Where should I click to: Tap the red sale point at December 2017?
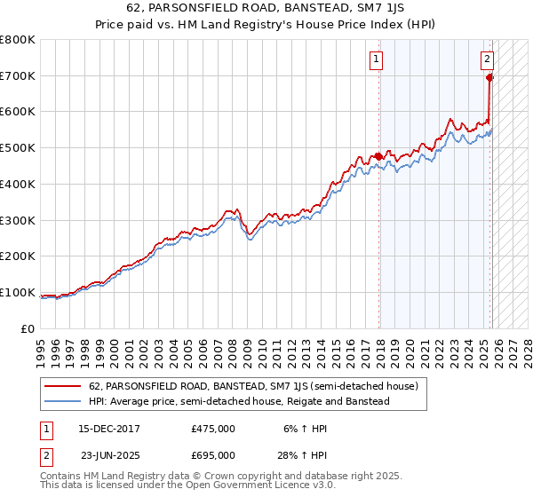(379, 156)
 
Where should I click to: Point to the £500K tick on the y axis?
(20, 148)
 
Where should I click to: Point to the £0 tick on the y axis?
(28, 328)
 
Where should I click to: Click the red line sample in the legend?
(63, 386)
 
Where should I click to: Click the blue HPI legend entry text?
(239, 401)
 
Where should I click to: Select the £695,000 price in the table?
(212, 455)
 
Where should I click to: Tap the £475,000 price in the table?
(212, 429)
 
